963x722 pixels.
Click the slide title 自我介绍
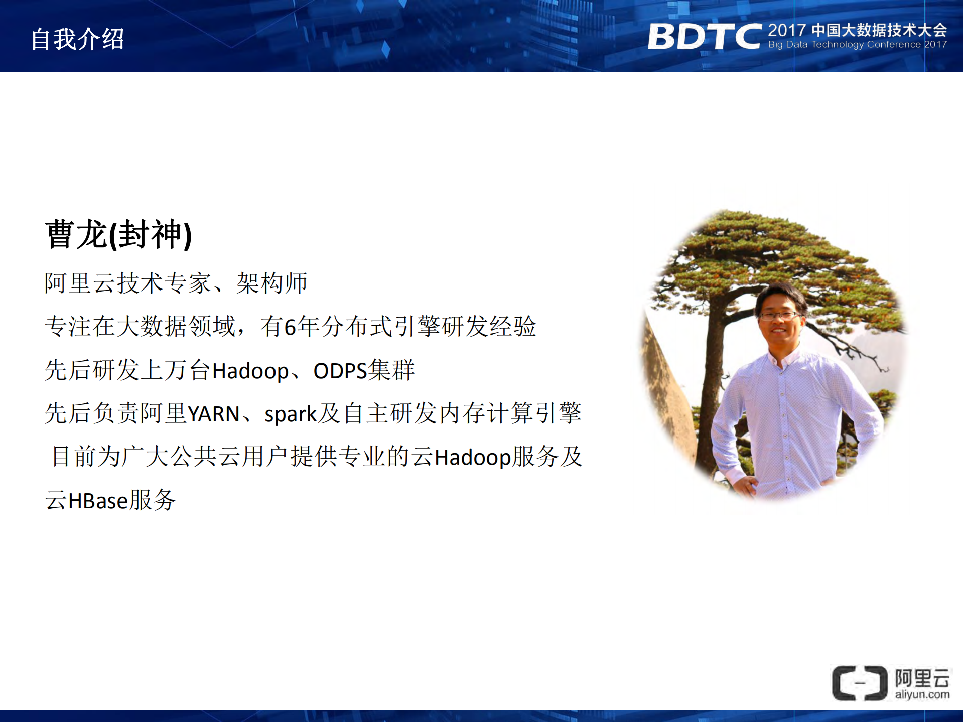tap(77, 39)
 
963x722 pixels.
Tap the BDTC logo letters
tap(704, 37)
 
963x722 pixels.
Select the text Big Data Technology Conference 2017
tap(857, 45)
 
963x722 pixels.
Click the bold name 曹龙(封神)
tap(118, 234)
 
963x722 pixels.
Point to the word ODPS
tap(340, 371)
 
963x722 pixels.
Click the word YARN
tap(213, 414)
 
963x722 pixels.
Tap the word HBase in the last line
tap(98, 501)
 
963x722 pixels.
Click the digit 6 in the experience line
tap(290, 327)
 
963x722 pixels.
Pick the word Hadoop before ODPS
tap(250, 371)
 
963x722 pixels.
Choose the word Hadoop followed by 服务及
tap(472, 458)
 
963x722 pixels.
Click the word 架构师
tap(271, 283)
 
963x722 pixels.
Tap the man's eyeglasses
tap(779, 316)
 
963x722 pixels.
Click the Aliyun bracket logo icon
tap(859, 683)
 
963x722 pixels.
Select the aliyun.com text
tap(922, 695)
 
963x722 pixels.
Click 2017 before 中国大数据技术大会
tap(786, 30)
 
